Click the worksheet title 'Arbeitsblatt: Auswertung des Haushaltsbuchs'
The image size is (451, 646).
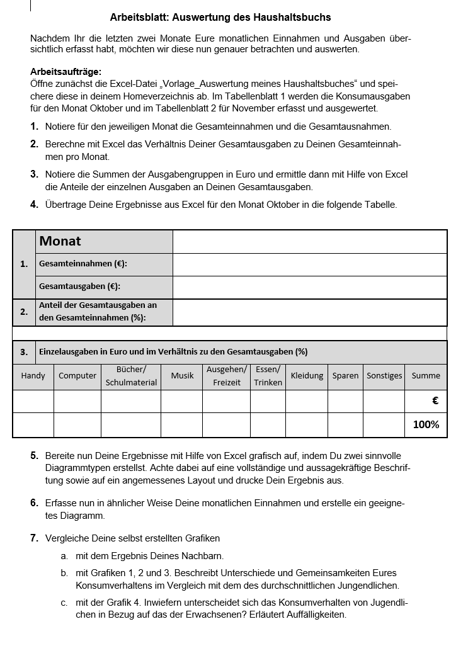point(220,17)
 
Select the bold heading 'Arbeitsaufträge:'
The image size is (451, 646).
point(66,72)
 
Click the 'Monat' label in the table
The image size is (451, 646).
point(60,241)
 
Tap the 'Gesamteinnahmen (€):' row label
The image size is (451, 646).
point(87,264)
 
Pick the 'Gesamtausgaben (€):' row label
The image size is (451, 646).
point(79,286)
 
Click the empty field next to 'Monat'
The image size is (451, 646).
point(309,241)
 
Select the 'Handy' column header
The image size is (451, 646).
point(33,376)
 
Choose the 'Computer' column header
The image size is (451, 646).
point(77,376)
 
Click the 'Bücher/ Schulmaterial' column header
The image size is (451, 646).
point(131,376)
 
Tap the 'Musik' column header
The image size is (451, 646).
point(182,376)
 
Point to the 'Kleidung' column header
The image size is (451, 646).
point(307,376)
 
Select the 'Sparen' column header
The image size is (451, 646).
point(345,376)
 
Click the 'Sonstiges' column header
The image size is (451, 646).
point(384,376)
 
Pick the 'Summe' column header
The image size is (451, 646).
point(426,376)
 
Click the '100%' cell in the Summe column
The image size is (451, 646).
point(426,425)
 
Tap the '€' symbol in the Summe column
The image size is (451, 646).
point(435,400)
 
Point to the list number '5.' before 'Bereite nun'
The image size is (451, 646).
point(35,456)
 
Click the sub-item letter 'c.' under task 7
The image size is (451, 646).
point(64,603)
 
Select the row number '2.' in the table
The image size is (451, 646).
point(24,312)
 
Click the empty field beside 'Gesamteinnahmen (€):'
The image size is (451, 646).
point(309,264)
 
